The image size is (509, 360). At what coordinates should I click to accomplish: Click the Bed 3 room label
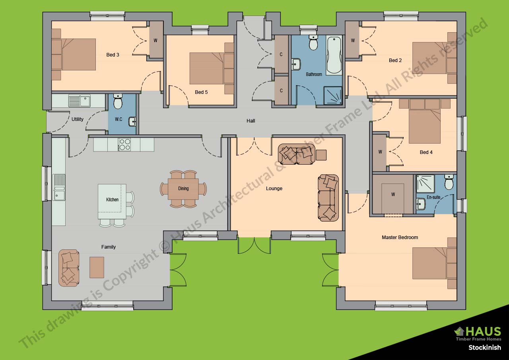[x=113, y=55]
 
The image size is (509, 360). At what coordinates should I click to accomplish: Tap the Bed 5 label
[x=201, y=92]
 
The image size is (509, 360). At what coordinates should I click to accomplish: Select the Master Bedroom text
[x=400, y=237]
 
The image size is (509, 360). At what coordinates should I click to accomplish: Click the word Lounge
[x=274, y=189]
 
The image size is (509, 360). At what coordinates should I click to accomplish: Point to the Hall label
[x=251, y=121]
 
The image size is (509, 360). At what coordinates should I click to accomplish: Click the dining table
[x=183, y=189]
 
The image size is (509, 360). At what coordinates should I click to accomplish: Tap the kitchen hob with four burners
[x=124, y=144]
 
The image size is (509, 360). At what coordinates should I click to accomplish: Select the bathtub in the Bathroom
[x=334, y=55]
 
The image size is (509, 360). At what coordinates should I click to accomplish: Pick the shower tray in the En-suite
[x=425, y=184]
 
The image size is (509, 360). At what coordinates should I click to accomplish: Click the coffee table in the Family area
[x=97, y=267]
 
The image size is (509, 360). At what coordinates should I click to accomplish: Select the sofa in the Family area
[x=69, y=268]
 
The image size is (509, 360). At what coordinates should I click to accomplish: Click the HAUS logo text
[x=482, y=331]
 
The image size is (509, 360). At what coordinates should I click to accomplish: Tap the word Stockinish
[x=484, y=348]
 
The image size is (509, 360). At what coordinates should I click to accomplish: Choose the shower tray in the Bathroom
[x=333, y=95]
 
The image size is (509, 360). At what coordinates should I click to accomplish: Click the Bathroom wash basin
[x=296, y=64]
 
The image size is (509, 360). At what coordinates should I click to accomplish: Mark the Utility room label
[x=77, y=119]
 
